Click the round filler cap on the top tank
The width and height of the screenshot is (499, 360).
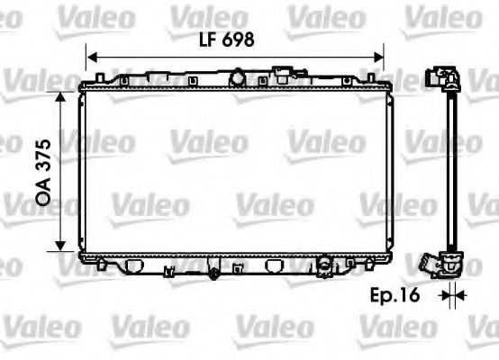pos(237,75)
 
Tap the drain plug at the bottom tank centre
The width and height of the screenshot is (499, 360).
pos(214,272)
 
